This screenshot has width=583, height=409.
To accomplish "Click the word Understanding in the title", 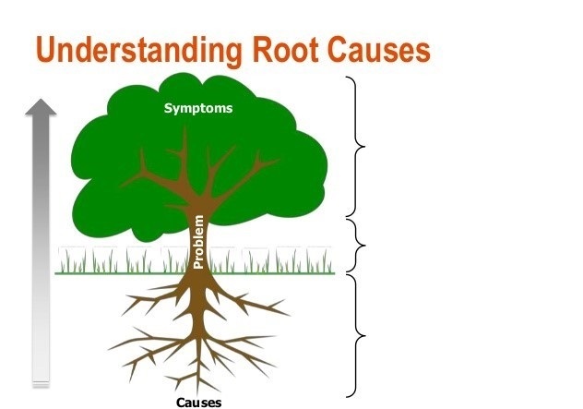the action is click(x=139, y=50).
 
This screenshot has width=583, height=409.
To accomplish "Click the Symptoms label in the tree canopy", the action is click(x=198, y=108).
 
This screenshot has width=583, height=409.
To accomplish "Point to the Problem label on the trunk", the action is click(x=199, y=242).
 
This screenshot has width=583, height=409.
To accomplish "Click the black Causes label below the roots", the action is click(x=199, y=403).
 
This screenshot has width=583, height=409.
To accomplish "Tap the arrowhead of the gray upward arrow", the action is click(x=41, y=107).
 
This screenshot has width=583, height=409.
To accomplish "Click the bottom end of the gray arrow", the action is click(x=41, y=385).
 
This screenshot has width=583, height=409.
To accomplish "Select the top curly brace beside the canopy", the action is click(x=356, y=147).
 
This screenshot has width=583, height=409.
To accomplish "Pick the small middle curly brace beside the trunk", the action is click(x=356, y=246).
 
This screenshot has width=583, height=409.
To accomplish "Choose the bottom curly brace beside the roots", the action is click(x=356, y=336).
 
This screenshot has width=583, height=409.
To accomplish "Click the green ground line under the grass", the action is click(x=195, y=273).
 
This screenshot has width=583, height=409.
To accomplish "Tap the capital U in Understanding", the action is click(x=47, y=49).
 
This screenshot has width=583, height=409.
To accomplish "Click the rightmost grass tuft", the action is click(x=319, y=260).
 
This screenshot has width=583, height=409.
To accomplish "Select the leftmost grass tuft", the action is click(x=72, y=260).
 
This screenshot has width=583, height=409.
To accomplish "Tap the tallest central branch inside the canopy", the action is click(x=184, y=156).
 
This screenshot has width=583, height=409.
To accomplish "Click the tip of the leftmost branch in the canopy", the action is click(x=121, y=186).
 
